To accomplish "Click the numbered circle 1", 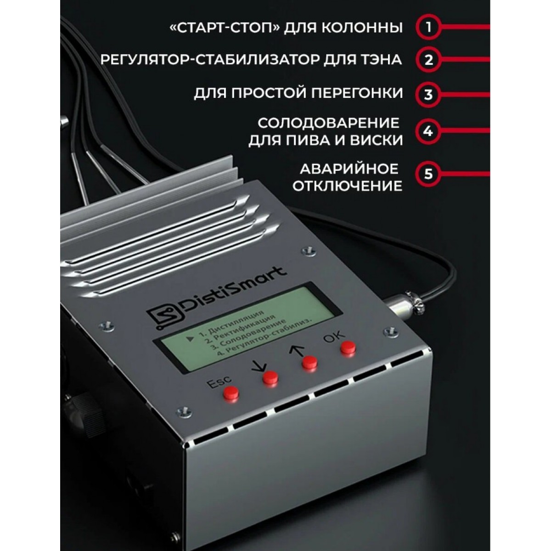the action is (428, 27).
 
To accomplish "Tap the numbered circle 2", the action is (428, 60).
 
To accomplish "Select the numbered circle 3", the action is (428, 95).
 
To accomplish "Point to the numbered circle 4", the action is (428, 131).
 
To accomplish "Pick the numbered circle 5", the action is (428, 174).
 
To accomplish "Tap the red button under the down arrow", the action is (270, 378).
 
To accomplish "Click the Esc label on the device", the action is (219, 382).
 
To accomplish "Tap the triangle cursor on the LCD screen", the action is (190, 339).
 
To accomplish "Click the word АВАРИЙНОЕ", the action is (349, 169).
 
